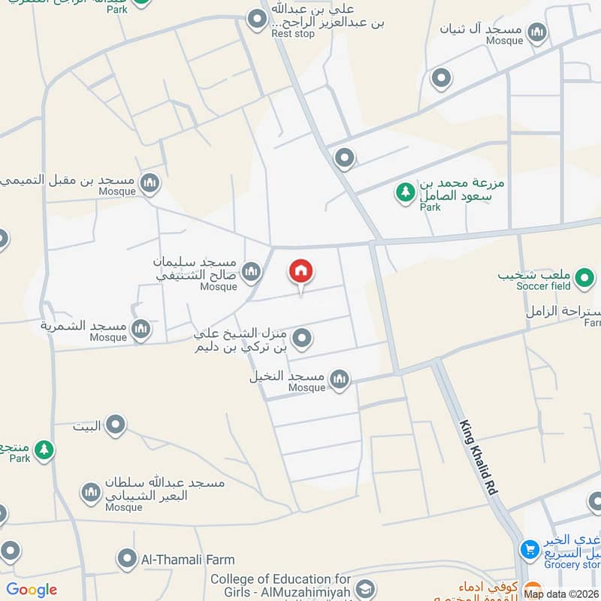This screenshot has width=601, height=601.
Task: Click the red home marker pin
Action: coord(301,272)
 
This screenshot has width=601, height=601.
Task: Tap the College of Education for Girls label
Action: coord(280,586)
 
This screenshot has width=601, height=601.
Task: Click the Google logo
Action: coord(32,590)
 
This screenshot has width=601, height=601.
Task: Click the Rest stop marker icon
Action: coord(258,18)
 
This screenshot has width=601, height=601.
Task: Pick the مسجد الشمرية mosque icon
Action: coord(140,328)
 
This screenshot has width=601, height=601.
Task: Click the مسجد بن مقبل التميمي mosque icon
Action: coord(150,183)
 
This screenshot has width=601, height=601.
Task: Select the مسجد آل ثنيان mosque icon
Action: coord(536,32)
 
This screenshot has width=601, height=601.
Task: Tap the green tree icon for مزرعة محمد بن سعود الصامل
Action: coord(406,192)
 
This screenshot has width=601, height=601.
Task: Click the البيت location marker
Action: coord(115,426)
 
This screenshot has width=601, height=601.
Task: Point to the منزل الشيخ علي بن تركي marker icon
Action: coord(302,339)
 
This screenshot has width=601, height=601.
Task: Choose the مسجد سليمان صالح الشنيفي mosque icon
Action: coord(251,270)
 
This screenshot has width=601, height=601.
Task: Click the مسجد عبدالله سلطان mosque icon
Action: coord(91,493)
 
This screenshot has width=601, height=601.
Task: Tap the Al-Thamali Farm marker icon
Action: coord(126,559)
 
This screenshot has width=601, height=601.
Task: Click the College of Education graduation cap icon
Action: coord(365,588)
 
